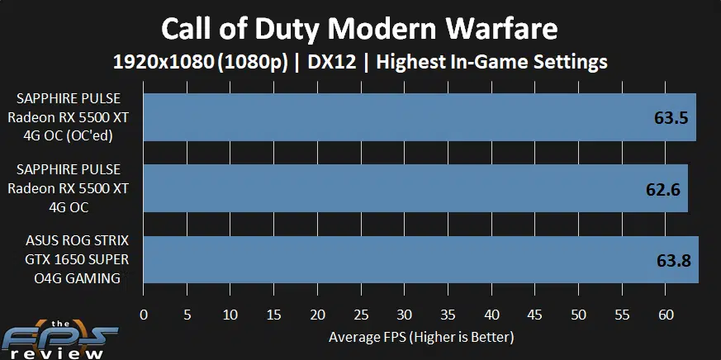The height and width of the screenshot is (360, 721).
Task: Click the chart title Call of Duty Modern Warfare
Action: click(x=359, y=29)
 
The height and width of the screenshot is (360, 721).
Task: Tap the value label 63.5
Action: click(x=671, y=118)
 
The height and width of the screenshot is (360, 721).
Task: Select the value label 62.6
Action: click(x=662, y=190)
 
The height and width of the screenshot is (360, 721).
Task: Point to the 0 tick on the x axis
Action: click(x=145, y=315)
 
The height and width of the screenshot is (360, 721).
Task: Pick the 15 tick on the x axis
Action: click(x=274, y=315)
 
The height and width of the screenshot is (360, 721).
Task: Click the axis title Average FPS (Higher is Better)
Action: click(x=421, y=337)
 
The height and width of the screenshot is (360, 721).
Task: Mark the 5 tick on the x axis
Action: click(x=187, y=315)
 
